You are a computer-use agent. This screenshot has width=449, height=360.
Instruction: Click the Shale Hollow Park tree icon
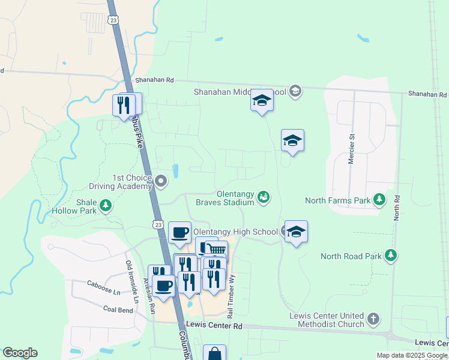(x=106, y=206)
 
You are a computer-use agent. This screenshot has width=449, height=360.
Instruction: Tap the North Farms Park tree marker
(x=379, y=199)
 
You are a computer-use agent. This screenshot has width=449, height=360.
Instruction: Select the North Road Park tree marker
(x=391, y=256)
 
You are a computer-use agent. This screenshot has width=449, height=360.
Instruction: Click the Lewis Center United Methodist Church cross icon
(x=373, y=319)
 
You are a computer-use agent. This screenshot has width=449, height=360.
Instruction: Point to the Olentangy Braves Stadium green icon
(x=263, y=197)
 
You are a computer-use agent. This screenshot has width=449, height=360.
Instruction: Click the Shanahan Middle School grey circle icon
(x=295, y=92)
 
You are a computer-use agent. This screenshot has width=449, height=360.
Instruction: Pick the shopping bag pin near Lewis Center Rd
(x=214, y=353)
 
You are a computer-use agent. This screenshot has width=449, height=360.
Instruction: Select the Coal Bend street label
(x=118, y=310)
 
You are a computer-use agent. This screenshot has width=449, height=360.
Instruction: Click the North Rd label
(x=396, y=207)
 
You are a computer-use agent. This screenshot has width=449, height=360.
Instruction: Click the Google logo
(x=20, y=353)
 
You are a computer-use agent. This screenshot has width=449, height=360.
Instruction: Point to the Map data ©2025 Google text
(x=412, y=355)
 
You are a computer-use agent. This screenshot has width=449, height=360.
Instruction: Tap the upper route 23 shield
(x=113, y=20)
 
